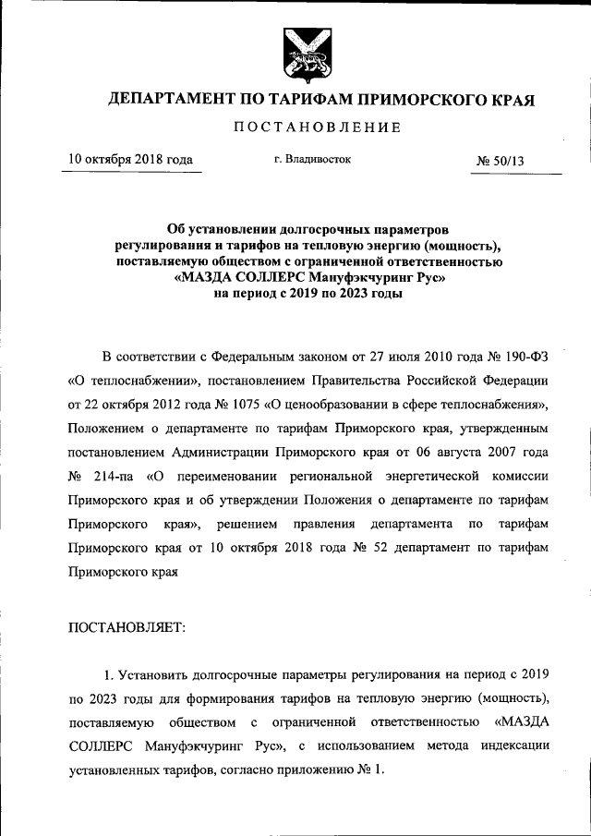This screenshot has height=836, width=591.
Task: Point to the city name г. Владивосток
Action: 313,159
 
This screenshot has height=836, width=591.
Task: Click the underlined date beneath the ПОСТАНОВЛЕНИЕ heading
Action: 131,160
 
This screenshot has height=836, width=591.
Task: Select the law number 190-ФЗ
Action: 524,356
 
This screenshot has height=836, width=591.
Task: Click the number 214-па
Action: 119,476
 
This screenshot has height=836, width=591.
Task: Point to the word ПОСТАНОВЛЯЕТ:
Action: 127,627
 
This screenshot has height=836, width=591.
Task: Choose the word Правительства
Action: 369,380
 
